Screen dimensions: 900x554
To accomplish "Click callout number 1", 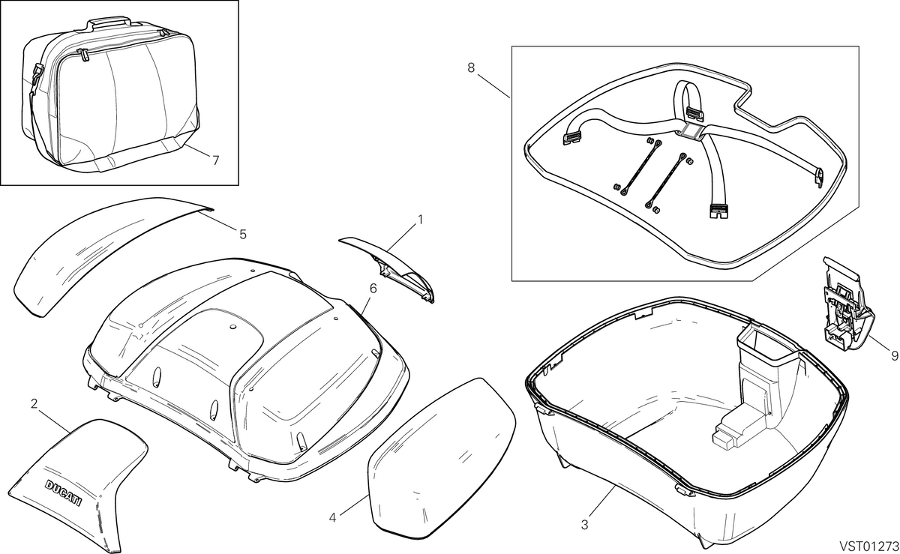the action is (x=420, y=220).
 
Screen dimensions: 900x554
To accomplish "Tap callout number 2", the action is (x=34, y=404).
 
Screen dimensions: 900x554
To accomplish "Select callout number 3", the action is (x=584, y=525).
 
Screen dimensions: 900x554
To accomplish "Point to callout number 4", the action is (x=332, y=518).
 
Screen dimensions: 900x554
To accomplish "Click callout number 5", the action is (x=243, y=234).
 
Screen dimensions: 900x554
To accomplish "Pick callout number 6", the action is (x=373, y=288).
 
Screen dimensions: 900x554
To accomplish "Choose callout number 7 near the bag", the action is (x=216, y=160).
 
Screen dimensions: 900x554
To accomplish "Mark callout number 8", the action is (x=471, y=68).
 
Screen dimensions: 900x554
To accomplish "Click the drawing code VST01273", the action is (x=868, y=546).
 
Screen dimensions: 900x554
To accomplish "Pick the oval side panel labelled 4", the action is (x=441, y=458).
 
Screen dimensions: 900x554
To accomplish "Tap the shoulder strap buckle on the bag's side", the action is (x=36, y=75).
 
